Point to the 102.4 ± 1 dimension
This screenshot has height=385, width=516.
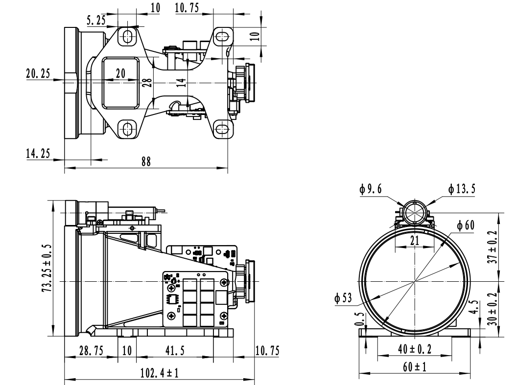[x=159, y=373]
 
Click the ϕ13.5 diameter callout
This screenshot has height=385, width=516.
[x=460, y=189]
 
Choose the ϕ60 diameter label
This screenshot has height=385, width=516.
[x=467, y=225]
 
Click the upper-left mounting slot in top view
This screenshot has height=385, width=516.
[x=128, y=36]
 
